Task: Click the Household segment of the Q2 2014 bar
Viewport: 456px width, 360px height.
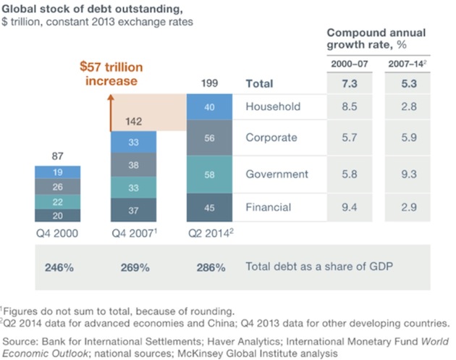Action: (209, 107)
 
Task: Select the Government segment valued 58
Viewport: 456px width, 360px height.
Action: (209, 174)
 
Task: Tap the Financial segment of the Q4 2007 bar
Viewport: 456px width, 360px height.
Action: (133, 210)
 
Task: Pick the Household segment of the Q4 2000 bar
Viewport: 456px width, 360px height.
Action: (56, 172)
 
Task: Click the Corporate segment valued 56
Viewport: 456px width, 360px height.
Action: (209, 138)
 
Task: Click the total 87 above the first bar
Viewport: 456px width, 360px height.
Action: (56, 155)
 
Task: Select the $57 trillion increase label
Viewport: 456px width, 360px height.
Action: (111, 73)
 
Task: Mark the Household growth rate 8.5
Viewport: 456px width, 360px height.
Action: (349, 106)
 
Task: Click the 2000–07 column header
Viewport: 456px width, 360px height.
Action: (349, 64)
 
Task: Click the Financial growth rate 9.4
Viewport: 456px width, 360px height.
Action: (349, 208)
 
